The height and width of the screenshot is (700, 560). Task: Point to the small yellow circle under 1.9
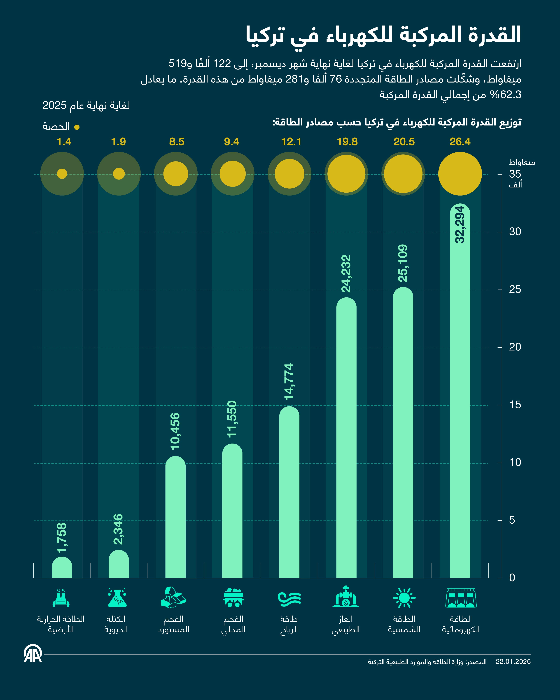coord(119,174)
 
